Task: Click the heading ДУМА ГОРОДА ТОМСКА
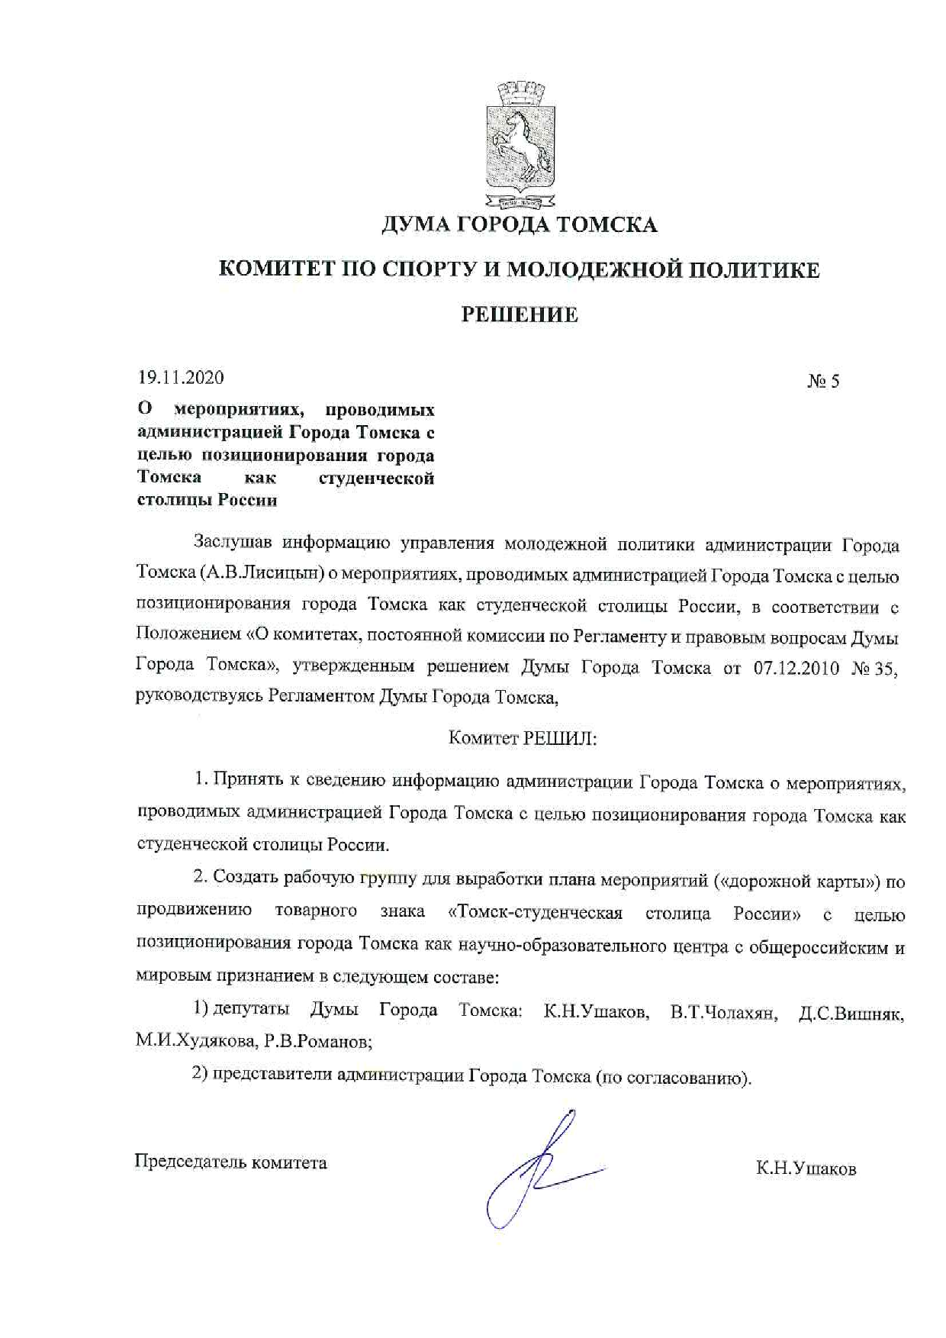(x=519, y=224)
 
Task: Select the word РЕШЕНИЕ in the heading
(x=520, y=314)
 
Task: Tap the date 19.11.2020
(x=181, y=377)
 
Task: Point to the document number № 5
(x=823, y=381)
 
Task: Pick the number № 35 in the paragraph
(x=874, y=668)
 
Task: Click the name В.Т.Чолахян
(x=723, y=1014)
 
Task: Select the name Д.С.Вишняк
(x=851, y=1014)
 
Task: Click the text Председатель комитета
(x=231, y=1162)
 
